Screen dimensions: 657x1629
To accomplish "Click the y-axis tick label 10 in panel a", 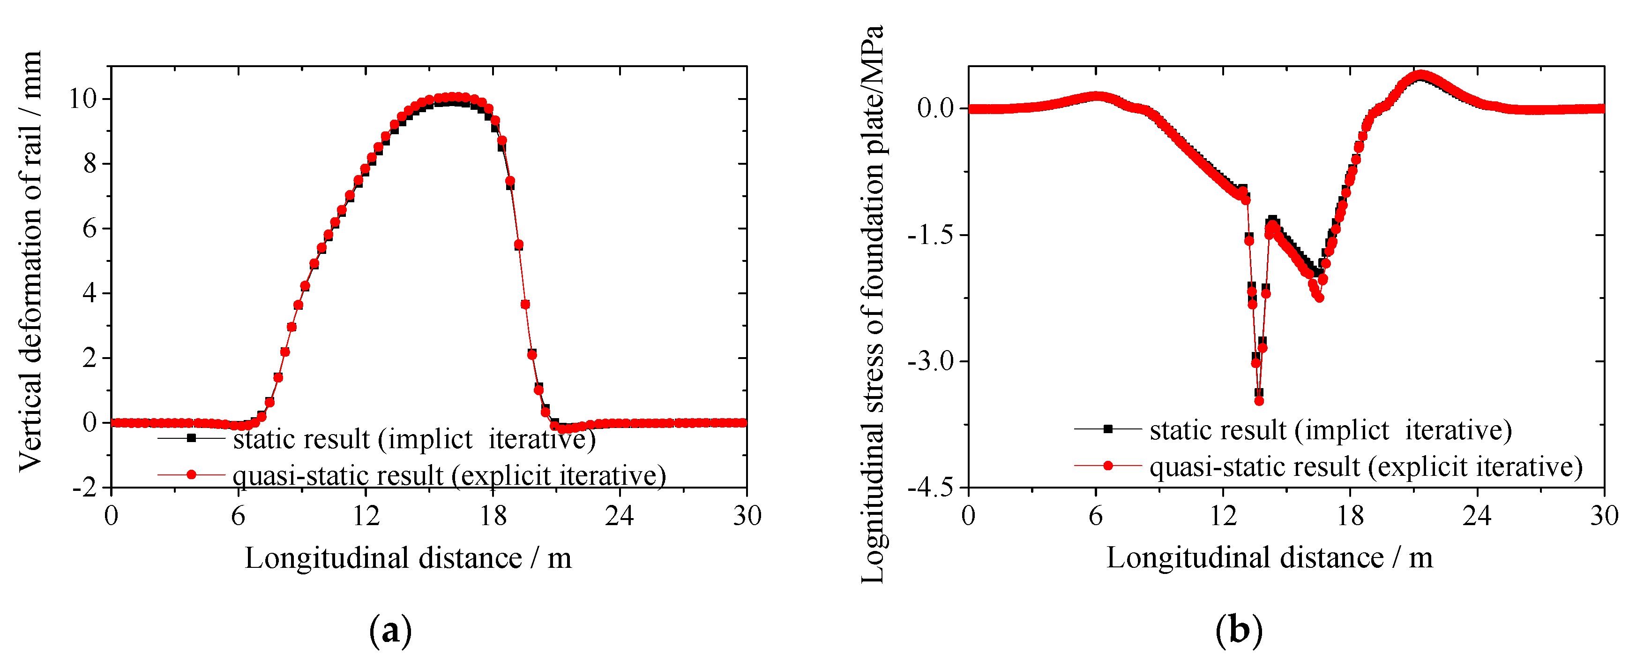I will pyautogui.click(x=82, y=99).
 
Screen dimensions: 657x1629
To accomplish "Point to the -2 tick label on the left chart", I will pyautogui.click(x=85, y=488).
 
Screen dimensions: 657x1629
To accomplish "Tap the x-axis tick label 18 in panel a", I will pyautogui.click(x=493, y=516).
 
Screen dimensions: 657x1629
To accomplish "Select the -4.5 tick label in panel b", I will pyautogui.click(x=930, y=488).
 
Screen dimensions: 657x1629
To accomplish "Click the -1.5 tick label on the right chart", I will pyautogui.click(x=930, y=235).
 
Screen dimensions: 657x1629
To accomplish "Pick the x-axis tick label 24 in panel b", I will pyautogui.click(x=1477, y=516).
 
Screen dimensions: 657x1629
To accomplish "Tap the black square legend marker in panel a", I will pyautogui.click(x=191, y=437).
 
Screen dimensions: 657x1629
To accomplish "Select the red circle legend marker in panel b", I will pyautogui.click(x=1107, y=466).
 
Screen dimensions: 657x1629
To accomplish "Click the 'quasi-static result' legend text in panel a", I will pyautogui.click(x=449, y=475).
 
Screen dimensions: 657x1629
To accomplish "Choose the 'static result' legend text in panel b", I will pyautogui.click(x=1330, y=430).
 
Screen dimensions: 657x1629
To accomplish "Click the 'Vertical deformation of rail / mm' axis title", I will pyautogui.click(x=30, y=261).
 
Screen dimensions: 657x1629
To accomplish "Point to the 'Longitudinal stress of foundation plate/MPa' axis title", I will pyautogui.click(x=873, y=304).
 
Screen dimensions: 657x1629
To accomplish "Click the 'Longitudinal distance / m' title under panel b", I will pyautogui.click(x=1269, y=558).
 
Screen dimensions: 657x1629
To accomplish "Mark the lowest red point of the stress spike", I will pyautogui.click(x=1259, y=401).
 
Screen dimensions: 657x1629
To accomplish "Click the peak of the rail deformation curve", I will pyautogui.click(x=453, y=97).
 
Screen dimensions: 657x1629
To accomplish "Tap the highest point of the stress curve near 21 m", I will pyautogui.click(x=1421, y=76).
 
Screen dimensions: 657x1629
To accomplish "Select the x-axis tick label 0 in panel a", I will pyautogui.click(x=111, y=516).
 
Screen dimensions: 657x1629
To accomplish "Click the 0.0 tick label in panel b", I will pyautogui.click(x=935, y=108).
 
